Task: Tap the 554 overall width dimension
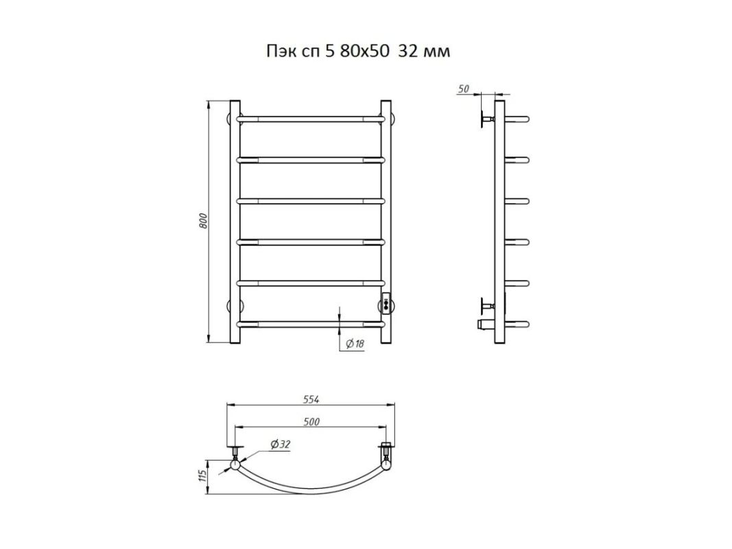point(311,399)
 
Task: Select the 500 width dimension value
point(311,422)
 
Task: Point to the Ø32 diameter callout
point(280,444)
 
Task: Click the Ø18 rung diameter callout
point(355,344)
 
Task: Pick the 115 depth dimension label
point(202,476)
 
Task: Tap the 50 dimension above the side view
point(464,89)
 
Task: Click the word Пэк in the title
point(279,51)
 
